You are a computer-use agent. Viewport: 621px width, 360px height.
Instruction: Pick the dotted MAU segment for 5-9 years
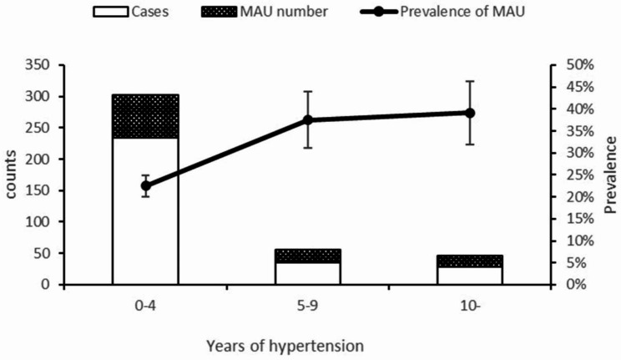click(x=307, y=256)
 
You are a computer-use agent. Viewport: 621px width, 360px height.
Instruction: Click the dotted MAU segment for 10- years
click(x=470, y=261)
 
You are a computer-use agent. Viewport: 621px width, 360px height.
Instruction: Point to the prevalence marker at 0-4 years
click(x=145, y=185)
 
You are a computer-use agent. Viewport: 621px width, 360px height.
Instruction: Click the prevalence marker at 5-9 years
click(x=307, y=119)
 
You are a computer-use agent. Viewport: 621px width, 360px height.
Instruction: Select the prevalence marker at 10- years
click(x=470, y=113)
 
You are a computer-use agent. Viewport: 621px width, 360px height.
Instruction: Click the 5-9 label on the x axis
click(x=307, y=306)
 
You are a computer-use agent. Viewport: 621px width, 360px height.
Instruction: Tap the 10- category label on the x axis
click(x=470, y=306)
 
